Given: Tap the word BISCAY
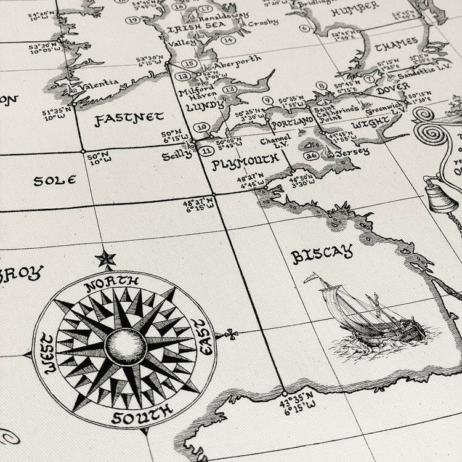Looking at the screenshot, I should click(x=322, y=254).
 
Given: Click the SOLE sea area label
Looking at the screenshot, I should click(x=54, y=180).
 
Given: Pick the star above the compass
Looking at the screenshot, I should click(x=105, y=259).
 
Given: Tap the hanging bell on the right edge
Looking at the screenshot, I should click(x=441, y=198).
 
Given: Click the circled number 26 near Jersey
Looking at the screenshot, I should click(x=311, y=155).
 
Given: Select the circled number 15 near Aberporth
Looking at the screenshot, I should click(x=190, y=63).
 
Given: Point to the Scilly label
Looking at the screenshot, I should click(x=177, y=155).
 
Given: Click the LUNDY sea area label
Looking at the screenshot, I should click(x=204, y=106).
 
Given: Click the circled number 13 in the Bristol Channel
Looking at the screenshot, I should click(x=229, y=89).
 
